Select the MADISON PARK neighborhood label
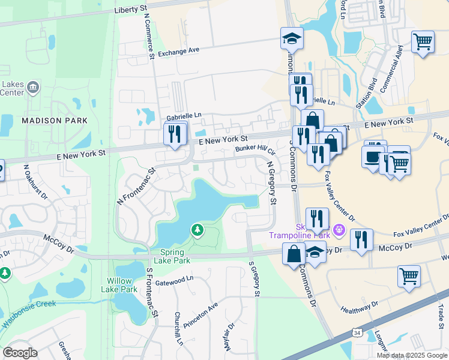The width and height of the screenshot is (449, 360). click(55, 121)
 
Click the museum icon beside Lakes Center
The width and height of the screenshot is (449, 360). click(33, 88)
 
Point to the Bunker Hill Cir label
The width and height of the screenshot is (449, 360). click(255, 148)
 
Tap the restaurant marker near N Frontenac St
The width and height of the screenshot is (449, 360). click(176, 134)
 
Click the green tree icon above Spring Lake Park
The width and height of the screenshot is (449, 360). click(196, 229)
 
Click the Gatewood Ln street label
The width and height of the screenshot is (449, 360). click(174, 278)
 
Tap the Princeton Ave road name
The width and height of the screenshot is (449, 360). click(200, 314)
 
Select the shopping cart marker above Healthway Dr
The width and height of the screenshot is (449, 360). click(409, 276)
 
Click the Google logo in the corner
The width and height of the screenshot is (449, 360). click(20, 353)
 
